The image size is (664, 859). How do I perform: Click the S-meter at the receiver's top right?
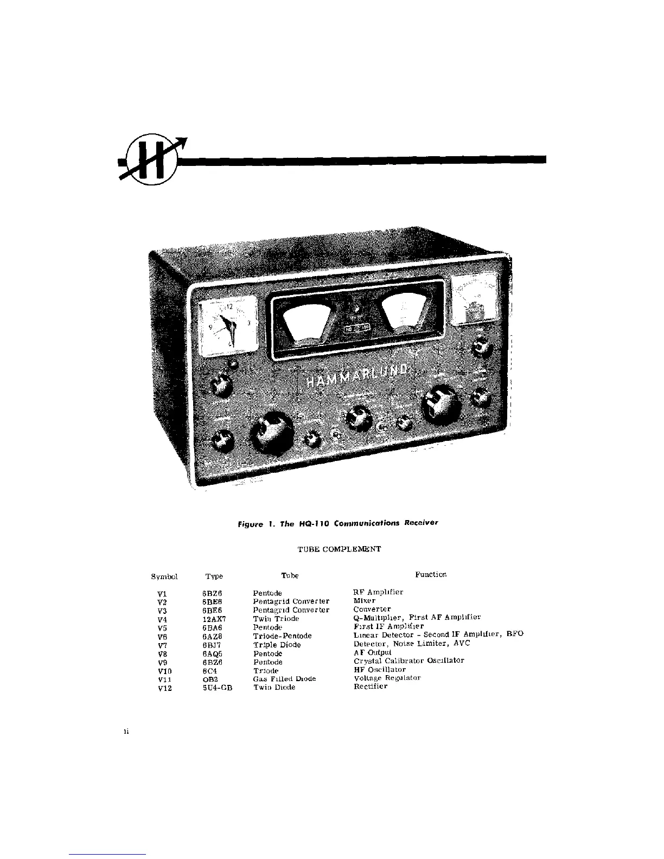[x=476, y=300]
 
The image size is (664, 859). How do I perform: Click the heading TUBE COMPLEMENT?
[x=340, y=549]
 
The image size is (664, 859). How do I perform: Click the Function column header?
[x=431, y=574]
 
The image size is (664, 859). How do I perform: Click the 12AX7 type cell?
[x=214, y=619]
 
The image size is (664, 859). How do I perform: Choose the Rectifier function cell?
[x=371, y=687]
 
